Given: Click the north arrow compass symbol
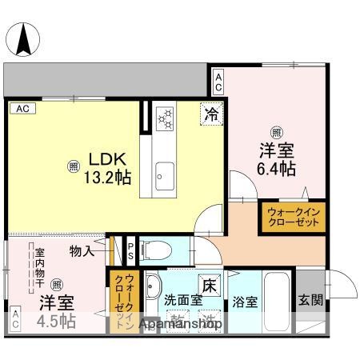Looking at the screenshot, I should pos(25,36).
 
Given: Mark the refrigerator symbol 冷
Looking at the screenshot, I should pos(211,114).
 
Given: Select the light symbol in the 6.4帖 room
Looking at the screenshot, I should pos(275,131).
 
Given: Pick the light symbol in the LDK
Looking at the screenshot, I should pos(74,166).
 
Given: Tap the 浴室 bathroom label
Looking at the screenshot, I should pos(245,302).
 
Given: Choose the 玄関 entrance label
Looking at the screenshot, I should pos(311,301).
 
